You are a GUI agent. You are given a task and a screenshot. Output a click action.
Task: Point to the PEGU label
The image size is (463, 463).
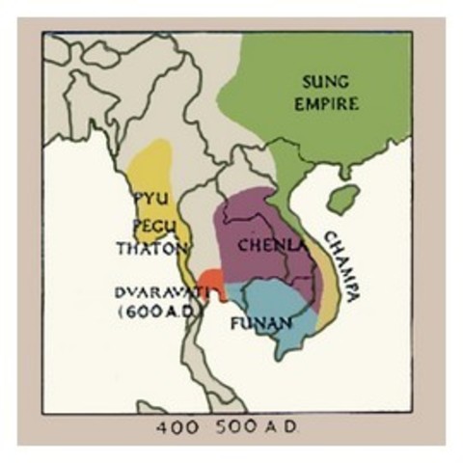tap(148, 226)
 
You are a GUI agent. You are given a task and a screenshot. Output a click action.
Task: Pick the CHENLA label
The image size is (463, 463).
tap(266, 244)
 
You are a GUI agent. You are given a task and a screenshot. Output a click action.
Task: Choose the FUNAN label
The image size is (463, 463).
tap(260, 323)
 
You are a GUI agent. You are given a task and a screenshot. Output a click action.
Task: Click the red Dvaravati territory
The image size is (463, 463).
tap(213, 285)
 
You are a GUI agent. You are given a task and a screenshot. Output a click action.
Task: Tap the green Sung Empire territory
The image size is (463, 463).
tap(318, 135)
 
